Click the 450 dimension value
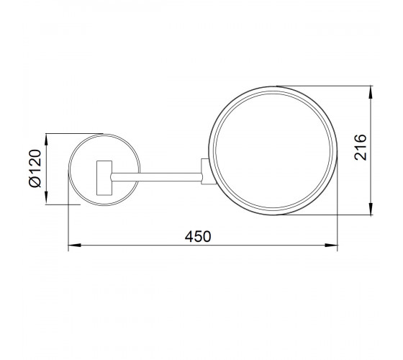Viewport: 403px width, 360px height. coord(198,237)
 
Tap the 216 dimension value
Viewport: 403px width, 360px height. coord(360,148)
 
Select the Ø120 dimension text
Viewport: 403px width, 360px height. coord(35,168)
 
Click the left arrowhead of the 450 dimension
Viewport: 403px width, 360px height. coord(75,246)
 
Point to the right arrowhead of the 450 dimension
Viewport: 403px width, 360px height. coord(331,246)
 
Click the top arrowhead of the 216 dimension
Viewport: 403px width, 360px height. coord(371,92)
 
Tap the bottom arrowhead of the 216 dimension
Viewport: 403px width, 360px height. coord(371,209)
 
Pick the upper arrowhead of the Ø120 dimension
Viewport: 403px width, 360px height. coord(46,140)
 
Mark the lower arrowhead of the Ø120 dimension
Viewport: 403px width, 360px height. coord(46,198)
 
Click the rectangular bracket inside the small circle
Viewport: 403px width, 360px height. coord(104,178)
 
